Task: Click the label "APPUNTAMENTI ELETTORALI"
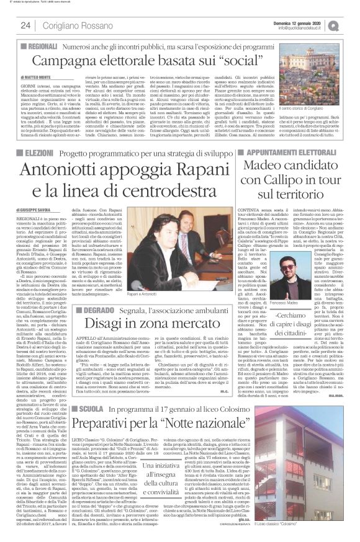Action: pyautogui.click(x=293, y=151)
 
